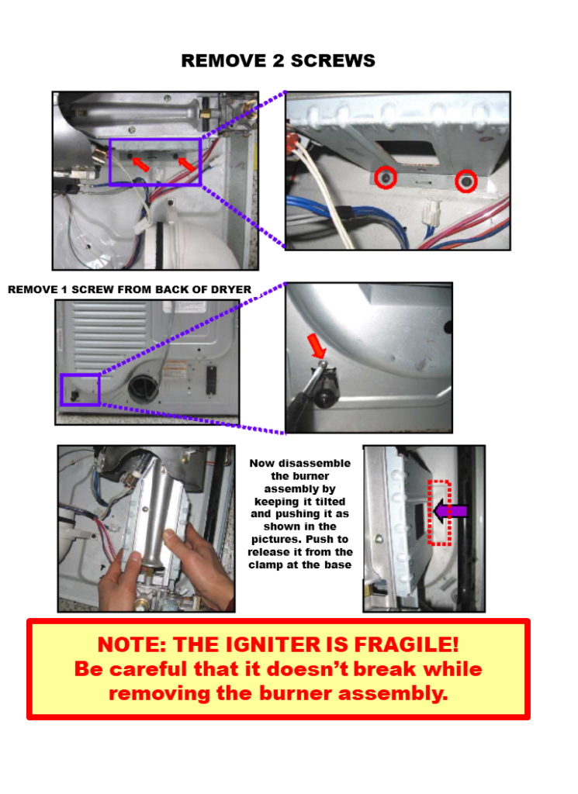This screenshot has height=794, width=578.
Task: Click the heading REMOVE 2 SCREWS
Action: [x=278, y=60]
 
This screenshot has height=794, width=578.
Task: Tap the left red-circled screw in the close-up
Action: [x=385, y=179]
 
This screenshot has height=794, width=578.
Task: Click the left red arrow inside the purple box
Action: [x=140, y=164]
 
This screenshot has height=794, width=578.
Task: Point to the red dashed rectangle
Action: [x=440, y=513]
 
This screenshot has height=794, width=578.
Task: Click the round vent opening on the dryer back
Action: [x=144, y=385]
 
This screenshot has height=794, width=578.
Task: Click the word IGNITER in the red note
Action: [x=260, y=644]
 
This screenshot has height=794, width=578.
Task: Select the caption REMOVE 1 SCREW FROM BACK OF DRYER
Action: [x=130, y=290]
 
